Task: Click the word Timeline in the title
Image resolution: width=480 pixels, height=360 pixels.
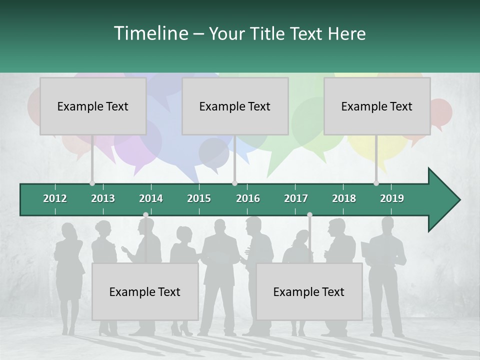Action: coord(150,33)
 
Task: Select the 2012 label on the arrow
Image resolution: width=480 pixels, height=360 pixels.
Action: coord(55,198)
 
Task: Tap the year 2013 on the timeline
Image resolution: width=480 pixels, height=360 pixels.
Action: coord(103,198)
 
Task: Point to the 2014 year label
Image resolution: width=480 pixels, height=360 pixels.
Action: coord(151,198)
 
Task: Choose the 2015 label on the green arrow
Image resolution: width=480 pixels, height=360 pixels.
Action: coord(199,198)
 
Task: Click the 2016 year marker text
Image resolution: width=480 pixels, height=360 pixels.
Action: coord(248,198)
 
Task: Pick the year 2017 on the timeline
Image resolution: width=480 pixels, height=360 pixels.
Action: coord(296,198)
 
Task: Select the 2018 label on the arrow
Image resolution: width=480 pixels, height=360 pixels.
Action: coord(344,198)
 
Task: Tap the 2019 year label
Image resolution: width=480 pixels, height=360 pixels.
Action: coord(392,198)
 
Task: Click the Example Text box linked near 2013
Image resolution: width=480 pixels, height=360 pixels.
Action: coord(93,106)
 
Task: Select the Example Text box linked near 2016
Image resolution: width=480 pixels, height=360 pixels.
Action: coord(235,106)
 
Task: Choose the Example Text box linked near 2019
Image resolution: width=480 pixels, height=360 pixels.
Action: coord(377,106)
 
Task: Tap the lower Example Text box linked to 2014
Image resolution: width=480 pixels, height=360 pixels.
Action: coord(145,291)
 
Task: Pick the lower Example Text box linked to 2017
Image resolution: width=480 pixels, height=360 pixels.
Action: coord(309,291)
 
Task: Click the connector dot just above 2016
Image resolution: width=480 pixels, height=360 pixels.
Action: coord(235,183)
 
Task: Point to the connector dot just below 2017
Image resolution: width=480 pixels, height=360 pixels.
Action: coord(309,215)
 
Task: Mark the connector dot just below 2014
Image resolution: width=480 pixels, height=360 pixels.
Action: coord(145,215)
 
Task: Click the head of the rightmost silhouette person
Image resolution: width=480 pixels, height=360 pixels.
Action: coord(387,224)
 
